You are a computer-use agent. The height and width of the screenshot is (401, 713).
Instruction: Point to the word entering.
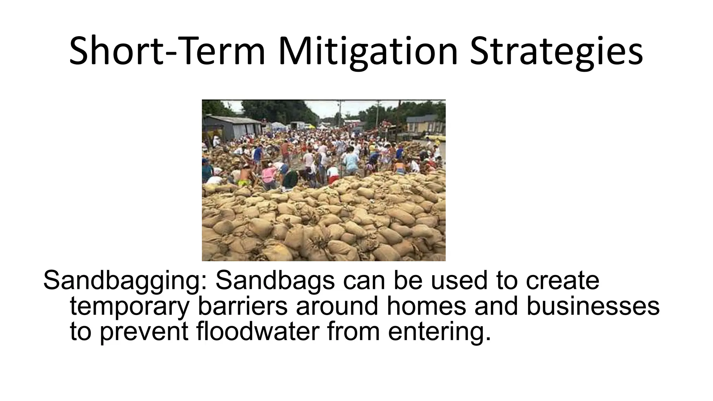pyautogui.click(x=439, y=331)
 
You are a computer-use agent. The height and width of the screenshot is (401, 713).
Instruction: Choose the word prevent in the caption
pyautogui.click(x=144, y=331)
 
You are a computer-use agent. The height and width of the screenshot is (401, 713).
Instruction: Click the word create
pyautogui.click(x=562, y=281)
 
